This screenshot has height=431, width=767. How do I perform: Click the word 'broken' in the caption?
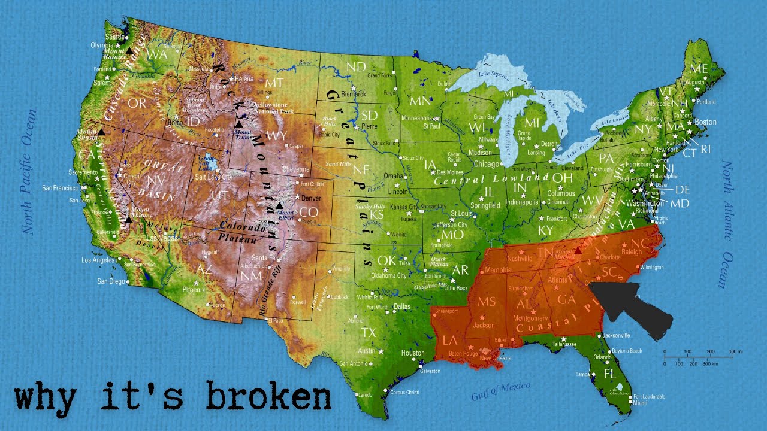point(268,397)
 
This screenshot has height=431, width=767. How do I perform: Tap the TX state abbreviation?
point(368,332)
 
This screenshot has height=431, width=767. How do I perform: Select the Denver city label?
point(312,198)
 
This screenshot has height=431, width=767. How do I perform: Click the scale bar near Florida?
point(699,357)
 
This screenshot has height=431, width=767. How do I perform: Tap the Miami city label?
point(639,403)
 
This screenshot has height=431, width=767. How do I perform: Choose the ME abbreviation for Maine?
point(699,68)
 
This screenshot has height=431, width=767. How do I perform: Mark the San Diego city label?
point(111,281)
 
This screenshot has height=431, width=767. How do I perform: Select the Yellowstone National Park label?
point(271,108)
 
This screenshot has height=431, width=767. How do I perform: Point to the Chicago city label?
point(486,163)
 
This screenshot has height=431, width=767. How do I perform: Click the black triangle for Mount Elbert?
point(279,206)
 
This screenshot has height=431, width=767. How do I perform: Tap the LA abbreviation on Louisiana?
point(450,341)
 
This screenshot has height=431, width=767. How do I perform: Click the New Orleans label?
point(495,358)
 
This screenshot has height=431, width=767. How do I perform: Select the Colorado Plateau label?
point(242,232)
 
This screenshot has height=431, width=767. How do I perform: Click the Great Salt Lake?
point(206,162)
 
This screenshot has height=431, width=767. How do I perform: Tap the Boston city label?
point(705,122)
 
